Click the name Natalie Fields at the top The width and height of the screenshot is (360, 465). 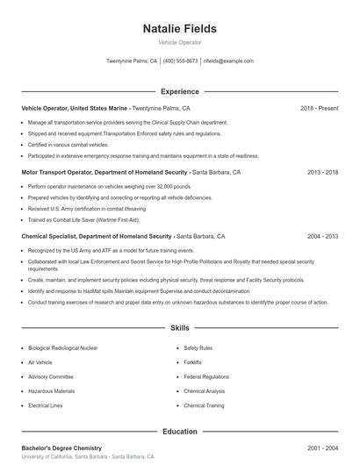tap(179, 29)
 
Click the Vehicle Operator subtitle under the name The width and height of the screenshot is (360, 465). tap(179, 42)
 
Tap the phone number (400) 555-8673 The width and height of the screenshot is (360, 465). tap(180, 61)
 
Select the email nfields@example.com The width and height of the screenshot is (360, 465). tap(227, 61)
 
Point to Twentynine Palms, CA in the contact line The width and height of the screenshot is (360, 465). tap(132, 61)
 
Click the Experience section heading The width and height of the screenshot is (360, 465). tap(179, 91)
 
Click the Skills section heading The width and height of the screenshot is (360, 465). tap(179, 328)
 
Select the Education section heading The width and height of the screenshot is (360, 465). tap(179, 432)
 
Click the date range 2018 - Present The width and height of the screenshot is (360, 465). tap(319, 108)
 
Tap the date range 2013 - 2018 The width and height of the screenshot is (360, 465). tap(322, 173)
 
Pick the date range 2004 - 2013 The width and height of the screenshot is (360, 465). tap(322, 237)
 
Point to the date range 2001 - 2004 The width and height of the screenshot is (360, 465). tap(322, 448)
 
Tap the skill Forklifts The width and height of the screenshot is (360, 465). tap(193, 362)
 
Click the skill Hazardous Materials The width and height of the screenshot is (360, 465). tap(51, 391)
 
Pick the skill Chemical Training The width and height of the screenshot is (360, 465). tap(204, 405)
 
